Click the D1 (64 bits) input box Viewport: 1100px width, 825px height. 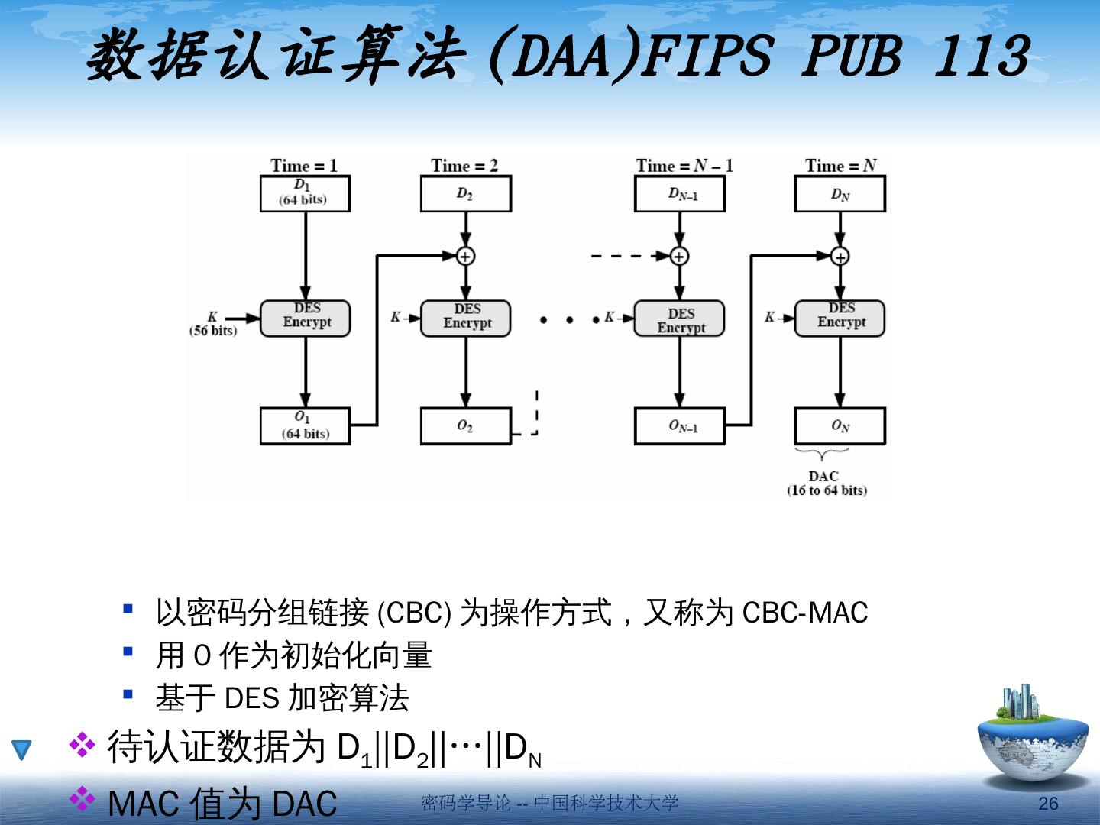[x=305, y=193]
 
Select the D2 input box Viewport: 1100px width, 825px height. [x=465, y=193]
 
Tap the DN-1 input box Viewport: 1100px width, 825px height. [x=679, y=193]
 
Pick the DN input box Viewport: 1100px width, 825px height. [x=840, y=193]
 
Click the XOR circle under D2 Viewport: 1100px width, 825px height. [x=465, y=256]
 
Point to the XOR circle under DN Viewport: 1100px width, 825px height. [x=840, y=256]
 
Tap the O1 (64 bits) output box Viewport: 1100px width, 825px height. [x=305, y=425]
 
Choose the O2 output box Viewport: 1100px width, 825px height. [x=465, y=425]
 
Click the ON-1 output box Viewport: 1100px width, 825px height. [x=679, y=425]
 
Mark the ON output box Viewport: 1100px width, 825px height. [x=840, y=425]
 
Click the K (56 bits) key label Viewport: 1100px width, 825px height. [x=213, y=323]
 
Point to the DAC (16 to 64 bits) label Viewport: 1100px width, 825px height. [x=827, y=483]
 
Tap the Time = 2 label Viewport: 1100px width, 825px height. [x=464, y=166]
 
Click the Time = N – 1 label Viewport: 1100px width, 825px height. [x=684, y=166]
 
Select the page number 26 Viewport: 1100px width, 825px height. [x=1048, y=803]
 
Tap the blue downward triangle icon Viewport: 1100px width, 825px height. [x=21, y=749]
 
